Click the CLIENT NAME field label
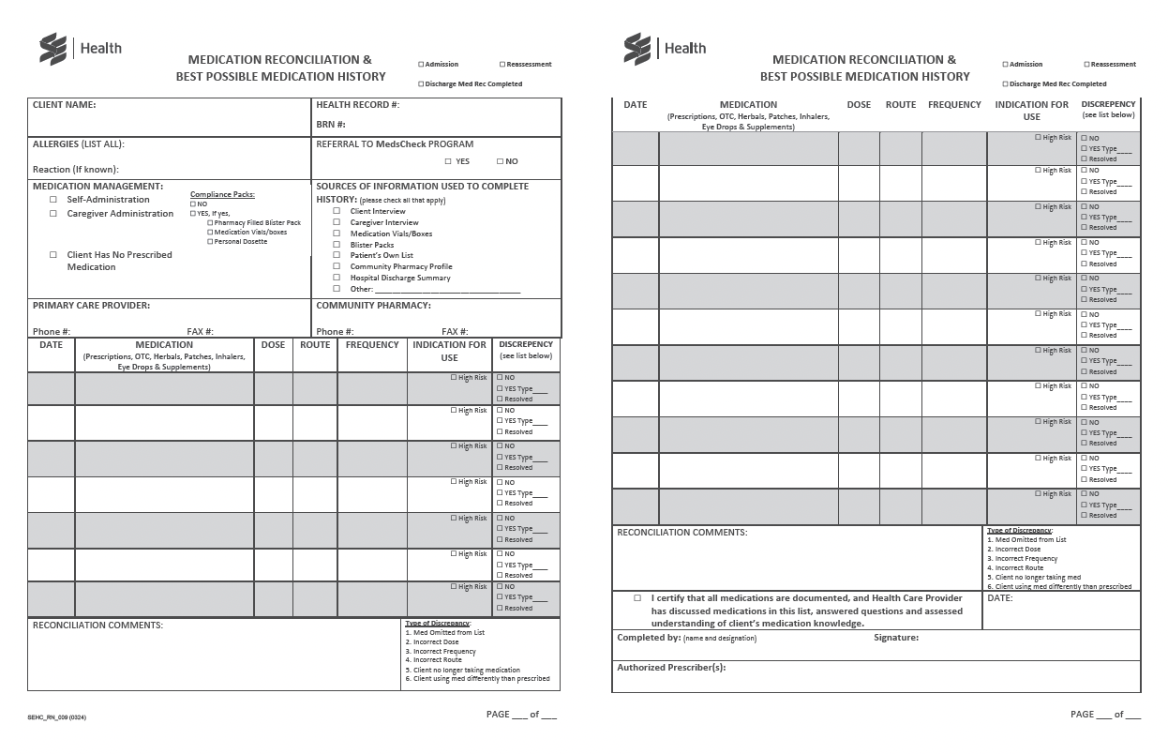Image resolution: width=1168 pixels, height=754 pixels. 64,105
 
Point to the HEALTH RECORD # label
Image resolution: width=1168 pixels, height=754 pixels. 357,105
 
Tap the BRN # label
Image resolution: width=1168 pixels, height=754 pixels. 331,124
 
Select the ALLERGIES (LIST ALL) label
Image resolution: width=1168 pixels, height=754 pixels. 78,144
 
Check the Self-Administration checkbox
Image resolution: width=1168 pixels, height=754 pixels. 53,200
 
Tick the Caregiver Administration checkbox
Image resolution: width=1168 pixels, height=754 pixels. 53,214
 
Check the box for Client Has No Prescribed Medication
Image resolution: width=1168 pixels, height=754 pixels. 53,255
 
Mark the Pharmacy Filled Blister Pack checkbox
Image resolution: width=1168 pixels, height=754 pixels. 210,223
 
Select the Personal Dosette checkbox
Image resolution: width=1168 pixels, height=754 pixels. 210,242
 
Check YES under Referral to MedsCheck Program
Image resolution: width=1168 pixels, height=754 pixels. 448,161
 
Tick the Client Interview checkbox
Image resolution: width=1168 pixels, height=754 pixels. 337,211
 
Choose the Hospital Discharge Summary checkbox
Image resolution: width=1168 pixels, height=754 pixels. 337,278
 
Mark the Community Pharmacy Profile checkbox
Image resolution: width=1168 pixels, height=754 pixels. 337,266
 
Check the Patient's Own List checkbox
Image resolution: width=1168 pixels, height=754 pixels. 337,255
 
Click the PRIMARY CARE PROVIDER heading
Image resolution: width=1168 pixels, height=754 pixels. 91,305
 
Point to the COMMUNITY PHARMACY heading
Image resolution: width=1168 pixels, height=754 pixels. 373,305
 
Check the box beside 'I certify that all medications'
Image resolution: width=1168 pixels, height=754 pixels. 637,597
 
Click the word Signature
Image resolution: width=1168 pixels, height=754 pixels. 895,638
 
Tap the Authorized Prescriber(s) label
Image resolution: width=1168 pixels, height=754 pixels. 670,668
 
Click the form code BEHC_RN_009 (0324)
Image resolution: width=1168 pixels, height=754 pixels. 58,717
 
